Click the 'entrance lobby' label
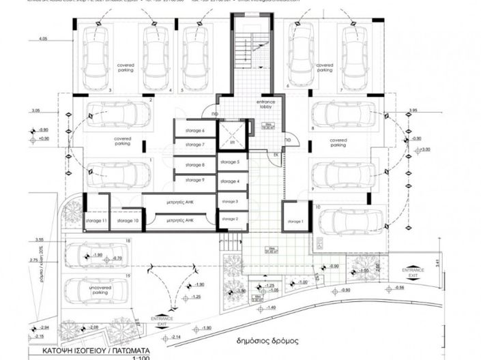click(x=265, y=105)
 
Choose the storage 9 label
click(x=194, y=180)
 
